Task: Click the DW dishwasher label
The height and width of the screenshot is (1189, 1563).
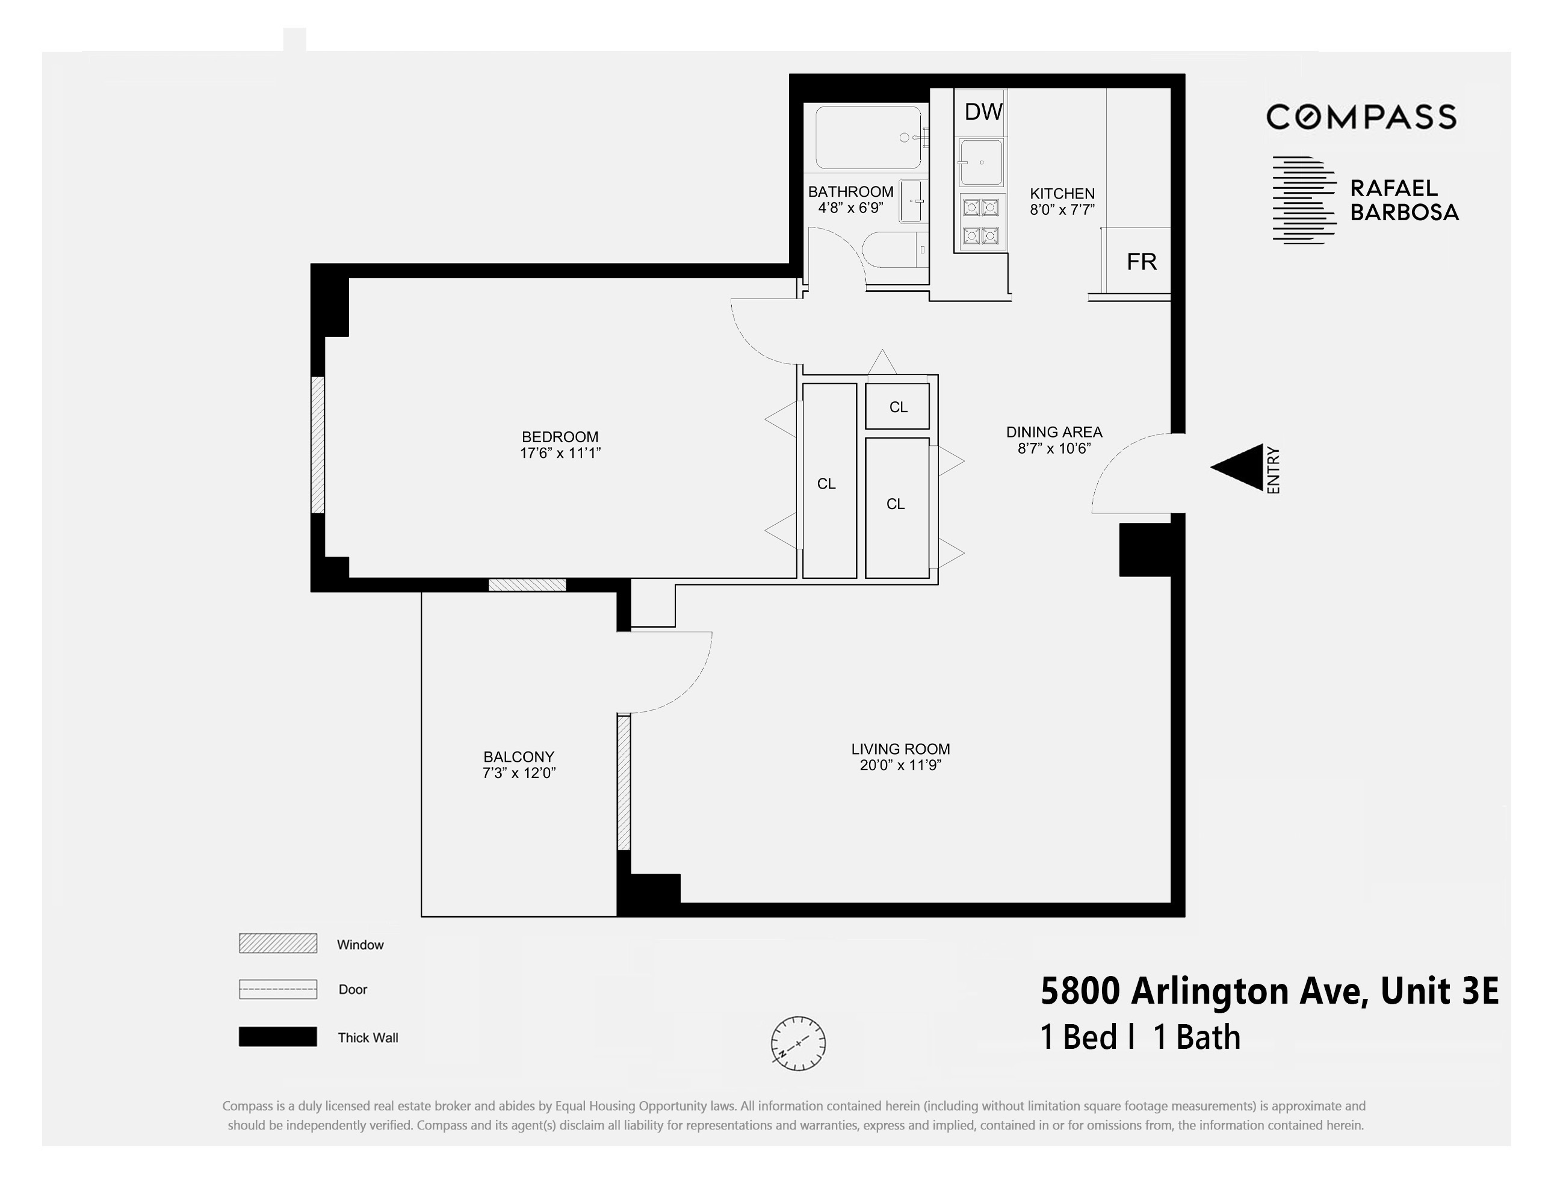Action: click(x=983, y=112)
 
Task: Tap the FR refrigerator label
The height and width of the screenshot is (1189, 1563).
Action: click(x=1141, y=262)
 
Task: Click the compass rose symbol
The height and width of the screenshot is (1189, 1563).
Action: click(x=798, y=1043)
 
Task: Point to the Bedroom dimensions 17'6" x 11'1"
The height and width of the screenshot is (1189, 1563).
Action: click(x=560, y=454)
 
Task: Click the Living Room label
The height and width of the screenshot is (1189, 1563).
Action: click(x=900, y=749)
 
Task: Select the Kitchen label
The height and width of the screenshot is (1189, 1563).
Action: click(x=1062, y=193)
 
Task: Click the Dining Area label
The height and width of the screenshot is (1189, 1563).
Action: click(x=1054, y=431)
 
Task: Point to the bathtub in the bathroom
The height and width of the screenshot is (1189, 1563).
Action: click(x=868, y=137)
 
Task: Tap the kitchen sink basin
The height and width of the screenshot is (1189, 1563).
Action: click(x=980, y=162)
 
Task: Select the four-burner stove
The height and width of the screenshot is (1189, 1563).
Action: click(x=980, y=221)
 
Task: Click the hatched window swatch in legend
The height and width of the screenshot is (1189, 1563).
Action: click(x=277, y=943)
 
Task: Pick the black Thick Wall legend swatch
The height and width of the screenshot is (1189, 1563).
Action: click(x=277, y=1037)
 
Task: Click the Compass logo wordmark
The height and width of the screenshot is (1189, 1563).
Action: click(x=1361, y=117)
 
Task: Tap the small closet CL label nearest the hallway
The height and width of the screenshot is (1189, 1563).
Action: click(x=897, y=407)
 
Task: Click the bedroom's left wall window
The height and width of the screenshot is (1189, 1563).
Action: click(x=318, y=445)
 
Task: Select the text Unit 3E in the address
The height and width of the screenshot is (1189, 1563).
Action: click(x=1439, y=991)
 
